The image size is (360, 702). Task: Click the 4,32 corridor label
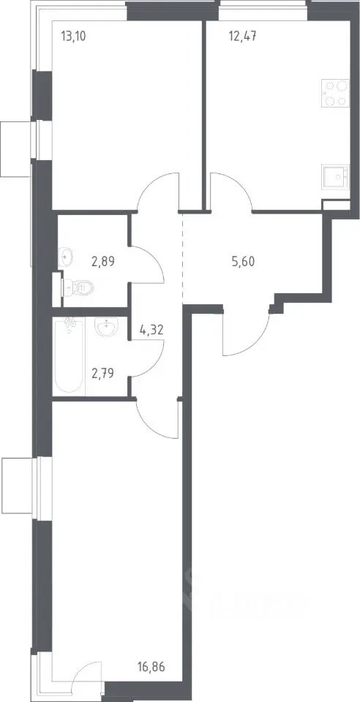pyautogui.click(x=151, y=331)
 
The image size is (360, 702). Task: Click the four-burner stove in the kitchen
pyautogui.click(x=335, y=93)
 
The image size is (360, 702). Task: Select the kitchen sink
pyautogui.click(x=335, y=176)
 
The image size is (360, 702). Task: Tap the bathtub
pyautogui.click(x=70, y=356)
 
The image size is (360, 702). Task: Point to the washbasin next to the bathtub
pyautogui.click(x=107, y=328)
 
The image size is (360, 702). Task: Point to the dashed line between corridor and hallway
pyautogui.click(x=183, y=258)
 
